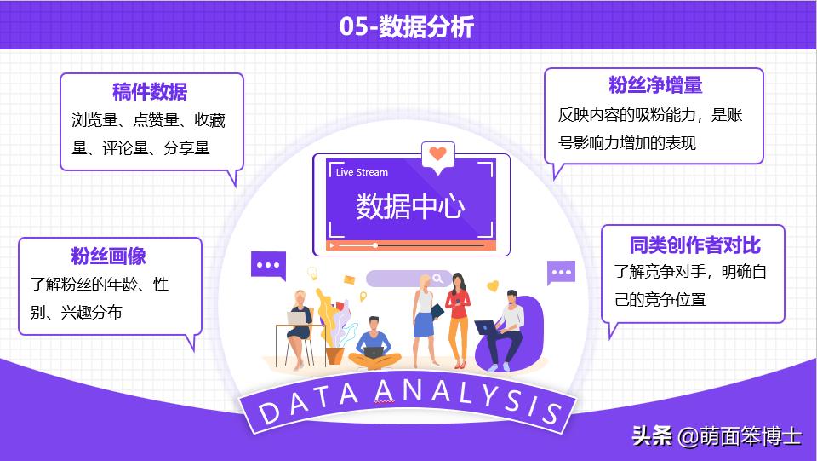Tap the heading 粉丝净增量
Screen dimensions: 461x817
(x=654, y=85)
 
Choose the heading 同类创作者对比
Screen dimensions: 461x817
(x=694, y=245)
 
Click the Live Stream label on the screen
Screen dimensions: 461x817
(x=362, y=172)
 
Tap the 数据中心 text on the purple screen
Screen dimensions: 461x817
(x=410, y=206)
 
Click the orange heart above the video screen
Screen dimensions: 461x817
(x=437, y=154)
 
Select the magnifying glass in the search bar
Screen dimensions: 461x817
(x=437, y=279)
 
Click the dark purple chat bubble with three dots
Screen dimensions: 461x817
(x=268, y=265)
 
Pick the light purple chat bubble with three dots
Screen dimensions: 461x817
(x=561, y=273)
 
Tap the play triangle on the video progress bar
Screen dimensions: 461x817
(x=333, y=245)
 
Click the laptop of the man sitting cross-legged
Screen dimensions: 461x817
(x=373, y=350)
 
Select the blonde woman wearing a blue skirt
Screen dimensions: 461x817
(x=423, y=315)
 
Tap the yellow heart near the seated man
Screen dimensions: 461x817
(x=492, y=286)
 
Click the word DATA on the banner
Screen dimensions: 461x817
(x=306, y=402)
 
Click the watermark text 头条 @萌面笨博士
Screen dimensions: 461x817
(x=716, y=436)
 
